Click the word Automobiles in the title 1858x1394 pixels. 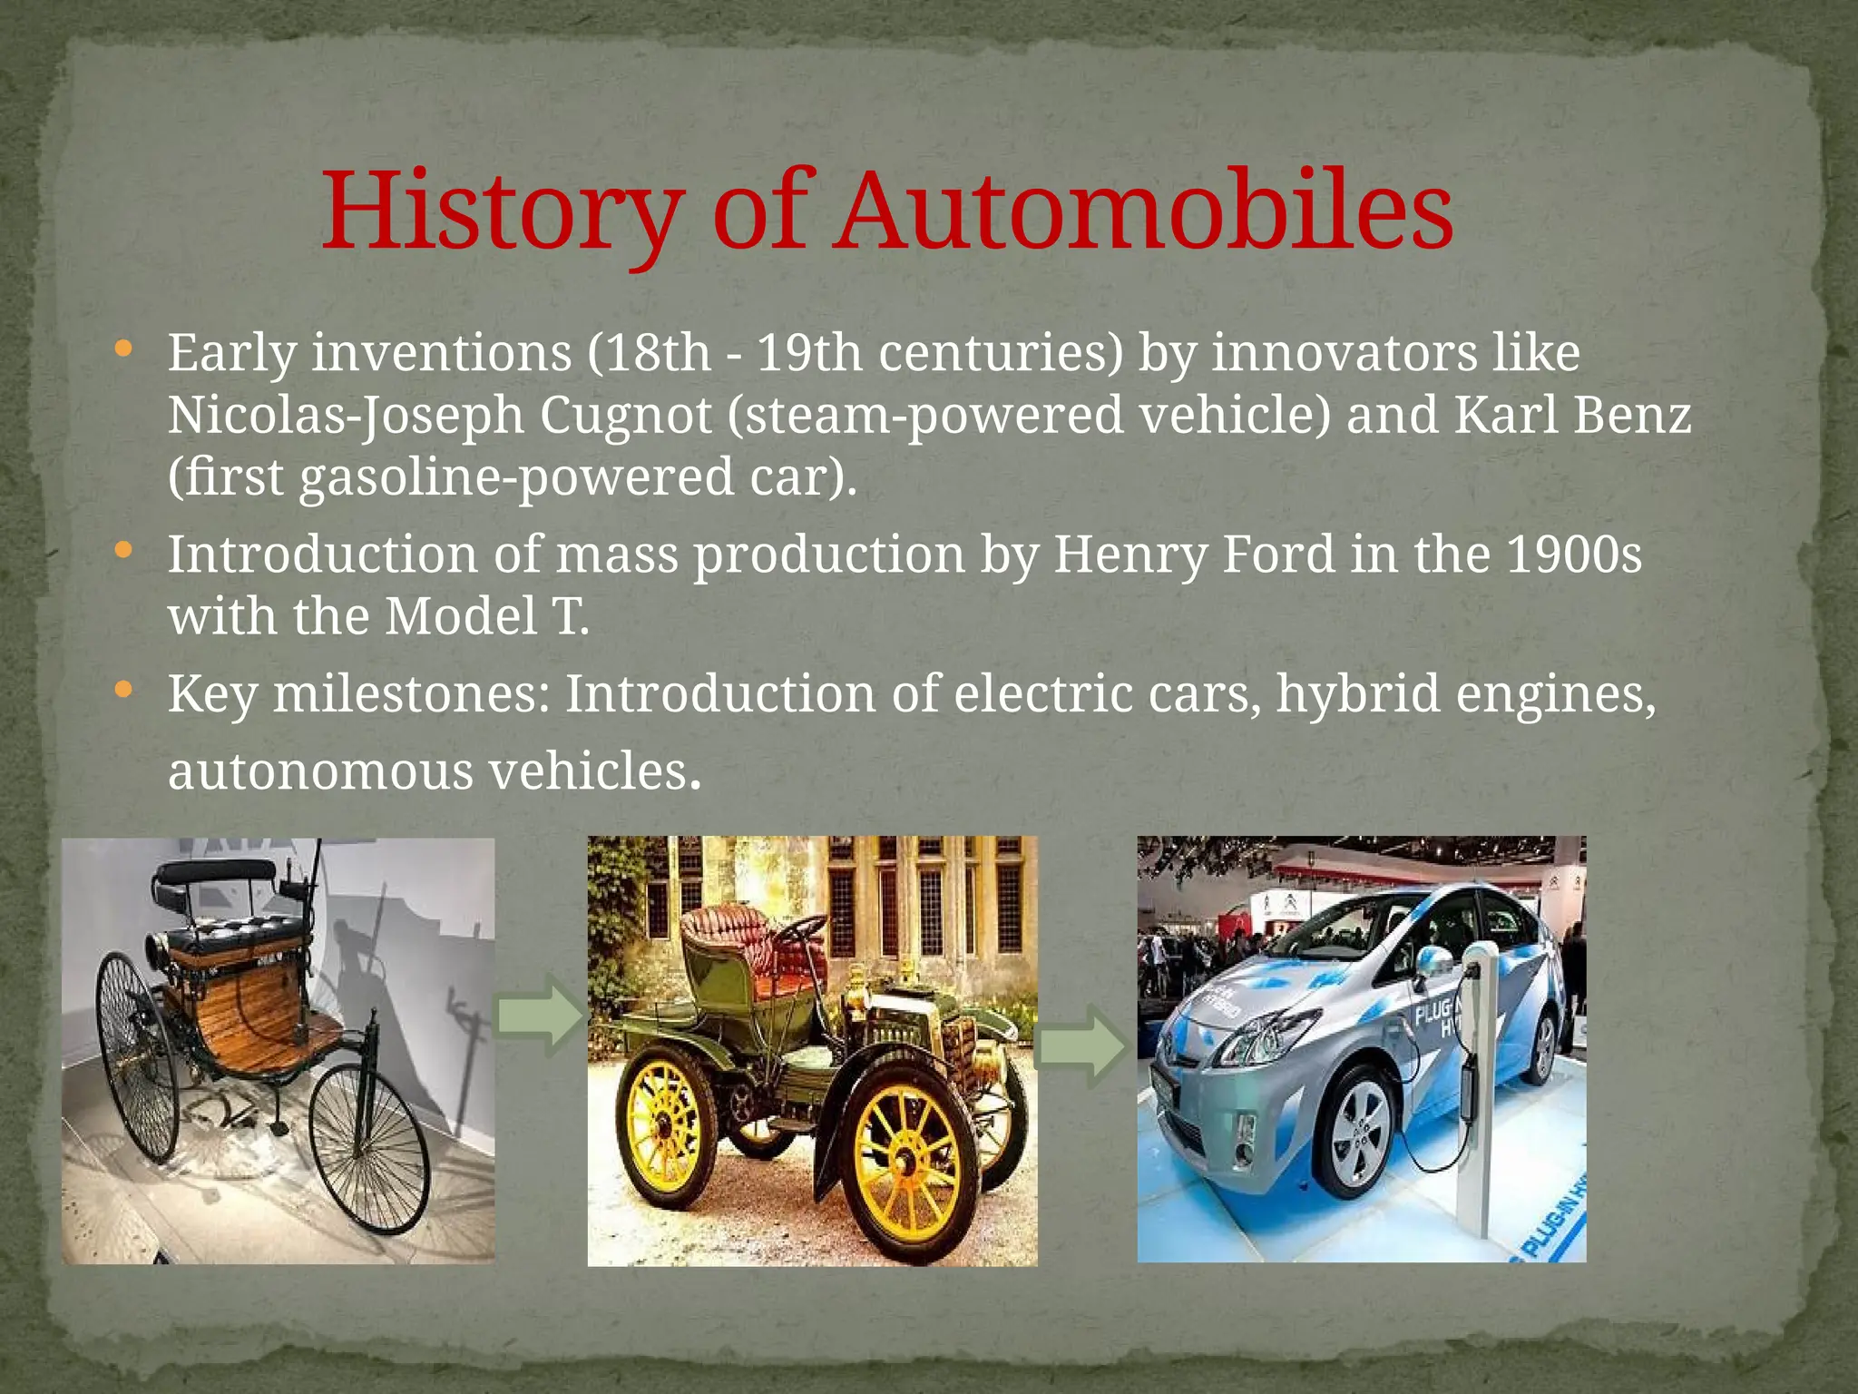point(1143,211)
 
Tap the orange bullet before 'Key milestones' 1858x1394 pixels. point(124,691)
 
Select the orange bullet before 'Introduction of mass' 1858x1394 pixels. point(124,550)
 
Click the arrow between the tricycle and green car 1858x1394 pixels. point(539,1016)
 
